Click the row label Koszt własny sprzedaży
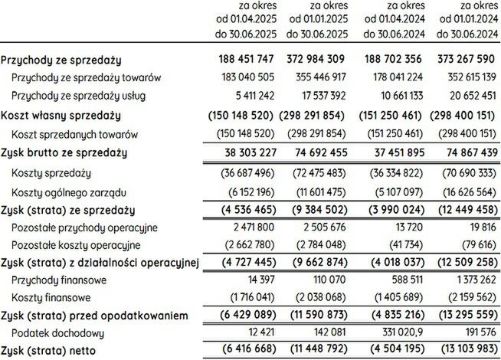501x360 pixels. click(61, 116)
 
